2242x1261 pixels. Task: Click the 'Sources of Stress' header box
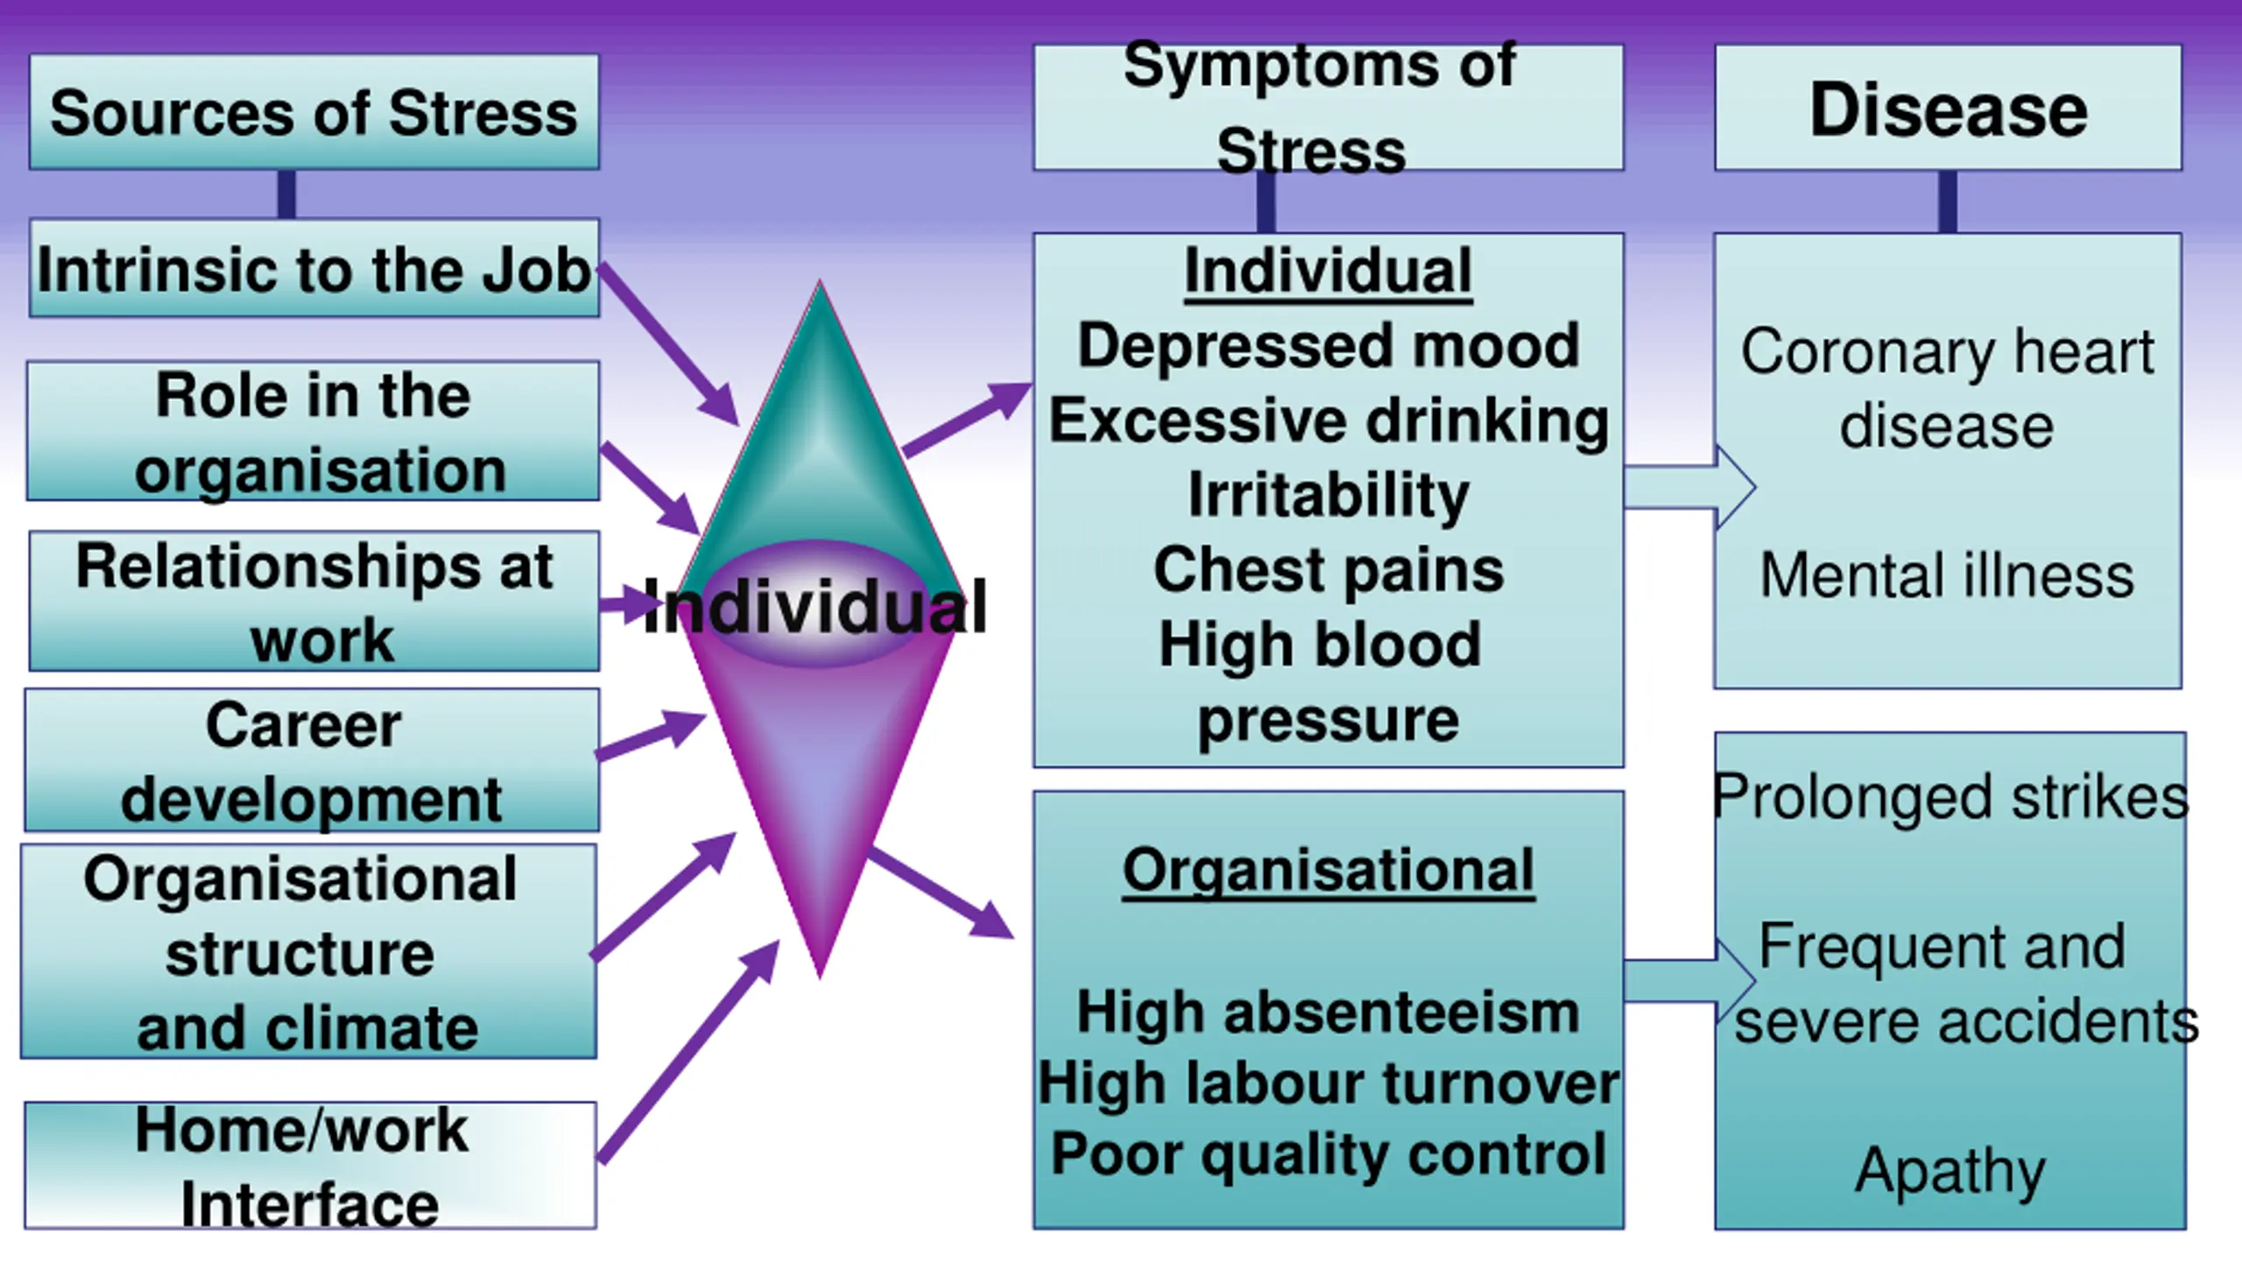tap(314, 112)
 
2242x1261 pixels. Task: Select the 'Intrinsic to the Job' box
tap(314, 269)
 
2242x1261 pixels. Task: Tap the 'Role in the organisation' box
tap(314, 431)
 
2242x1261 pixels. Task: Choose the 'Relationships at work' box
tap(314, 602)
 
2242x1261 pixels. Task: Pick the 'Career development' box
tap(312, 760)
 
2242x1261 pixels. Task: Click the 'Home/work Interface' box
tap(310, 1166)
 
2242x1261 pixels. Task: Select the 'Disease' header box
tap(1948, 109)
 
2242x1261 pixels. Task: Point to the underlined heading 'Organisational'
tap(1328, 870)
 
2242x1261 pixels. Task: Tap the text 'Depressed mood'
tap(1328, 345)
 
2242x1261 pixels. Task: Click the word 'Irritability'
tap(1328, 495)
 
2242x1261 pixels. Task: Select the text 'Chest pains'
tap(1328, 570)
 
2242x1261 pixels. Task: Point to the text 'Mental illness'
tap(1947, 575)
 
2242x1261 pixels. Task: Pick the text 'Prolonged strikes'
tap(1949, 797)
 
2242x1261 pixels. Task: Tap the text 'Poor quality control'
tap(1328, 1153)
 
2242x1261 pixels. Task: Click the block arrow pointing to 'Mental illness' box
tap(1690, 488)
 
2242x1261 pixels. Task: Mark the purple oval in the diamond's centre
tap(816, 603)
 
